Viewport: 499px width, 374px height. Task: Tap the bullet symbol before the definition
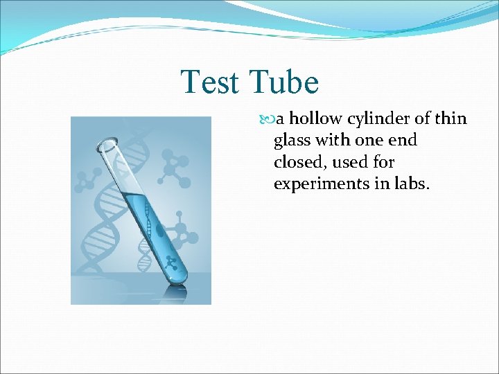270,120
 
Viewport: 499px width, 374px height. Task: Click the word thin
453,119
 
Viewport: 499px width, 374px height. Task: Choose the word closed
295,162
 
